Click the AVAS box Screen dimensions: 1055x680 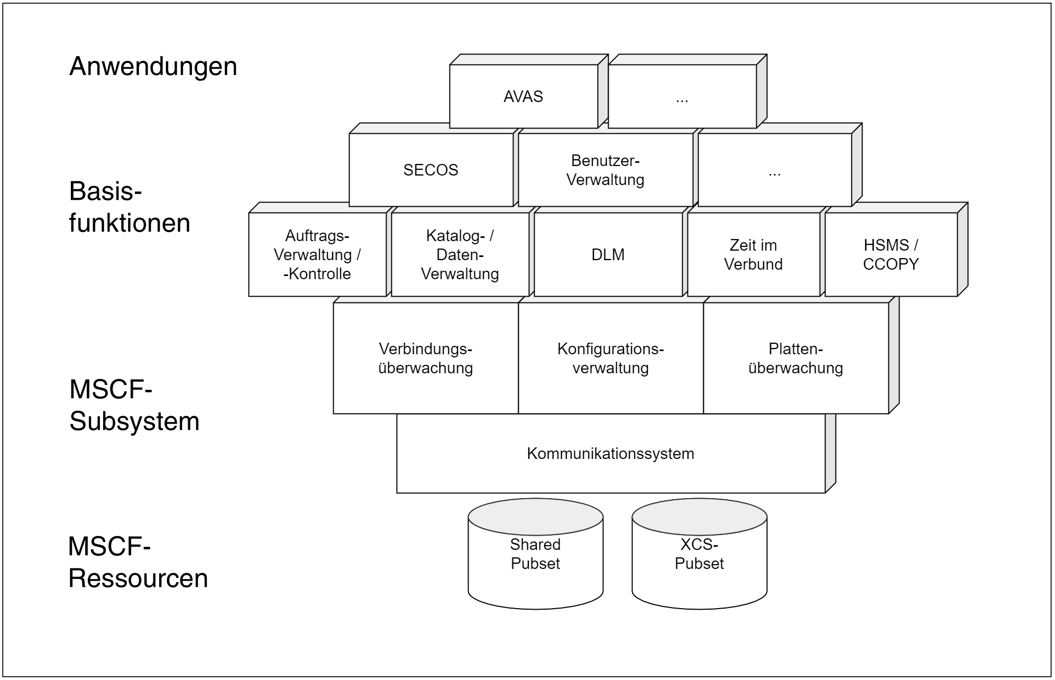524,96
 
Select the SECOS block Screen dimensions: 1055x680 431,170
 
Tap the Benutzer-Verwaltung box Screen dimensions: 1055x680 606,170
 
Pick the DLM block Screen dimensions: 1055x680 608,254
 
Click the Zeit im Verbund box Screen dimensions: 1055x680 754,254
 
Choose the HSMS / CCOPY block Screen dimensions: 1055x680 891,254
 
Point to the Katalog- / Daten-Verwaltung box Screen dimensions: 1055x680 460,254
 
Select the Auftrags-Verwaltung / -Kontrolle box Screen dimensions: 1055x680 317,254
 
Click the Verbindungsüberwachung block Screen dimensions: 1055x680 426,358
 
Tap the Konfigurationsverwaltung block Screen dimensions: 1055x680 611,358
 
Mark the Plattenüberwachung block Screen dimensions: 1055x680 796,358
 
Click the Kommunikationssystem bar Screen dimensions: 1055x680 611,453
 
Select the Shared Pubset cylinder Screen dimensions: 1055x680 536,554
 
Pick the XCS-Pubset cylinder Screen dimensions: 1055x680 700,554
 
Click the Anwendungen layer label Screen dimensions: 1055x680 153,67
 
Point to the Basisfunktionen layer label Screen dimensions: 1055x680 130,207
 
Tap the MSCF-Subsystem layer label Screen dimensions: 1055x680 134,406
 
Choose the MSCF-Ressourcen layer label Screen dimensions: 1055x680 138,562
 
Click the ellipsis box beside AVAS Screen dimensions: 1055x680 682,96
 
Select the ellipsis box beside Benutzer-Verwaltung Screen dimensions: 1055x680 775,170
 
